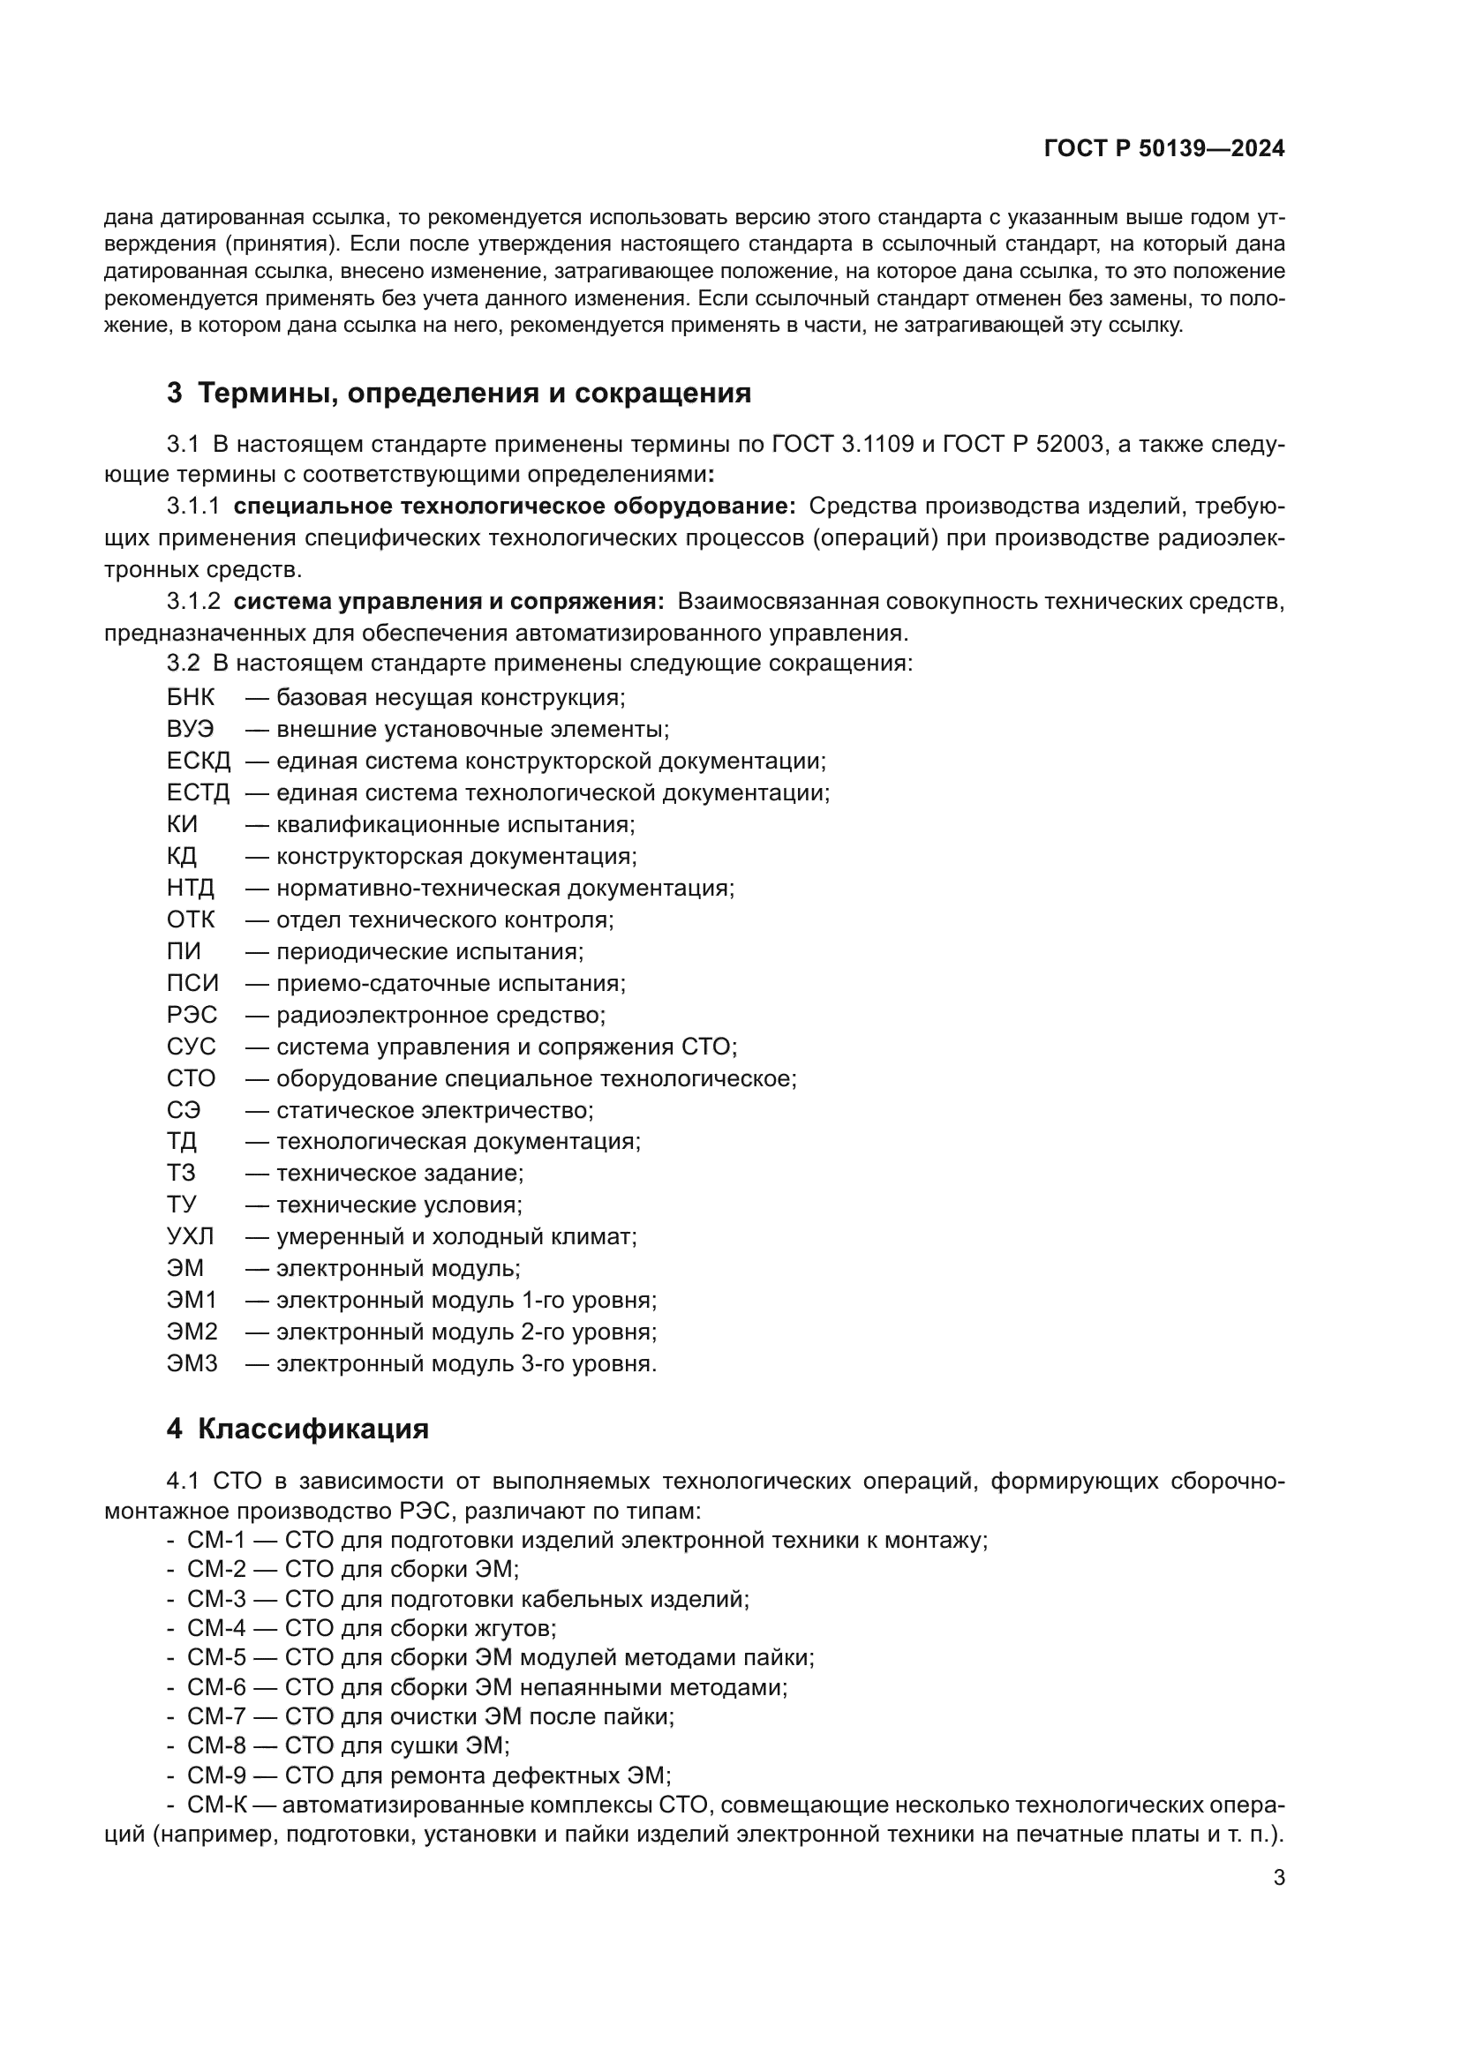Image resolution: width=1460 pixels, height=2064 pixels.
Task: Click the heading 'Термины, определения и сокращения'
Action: (474, 393)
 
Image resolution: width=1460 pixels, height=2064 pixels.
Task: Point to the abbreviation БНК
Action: (190, 698)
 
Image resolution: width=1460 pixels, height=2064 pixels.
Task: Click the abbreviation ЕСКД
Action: (198, 762)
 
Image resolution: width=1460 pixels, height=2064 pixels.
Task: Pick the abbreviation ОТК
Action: (190, 919)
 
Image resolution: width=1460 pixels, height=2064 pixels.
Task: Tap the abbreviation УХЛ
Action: (190, 1236)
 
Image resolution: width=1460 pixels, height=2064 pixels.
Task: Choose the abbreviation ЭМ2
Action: (192, 1332)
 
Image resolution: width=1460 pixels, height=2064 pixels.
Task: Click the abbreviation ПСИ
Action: (192, 982)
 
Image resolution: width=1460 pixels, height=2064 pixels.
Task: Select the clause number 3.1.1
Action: (192, 507)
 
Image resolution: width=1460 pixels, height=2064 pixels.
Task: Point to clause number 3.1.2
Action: (192, 601)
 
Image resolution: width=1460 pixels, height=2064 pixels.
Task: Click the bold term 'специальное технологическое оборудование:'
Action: (515, 507)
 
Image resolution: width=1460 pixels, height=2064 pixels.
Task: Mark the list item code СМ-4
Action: (215, 1628)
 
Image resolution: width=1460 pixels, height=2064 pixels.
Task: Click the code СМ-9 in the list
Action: (215, 1775)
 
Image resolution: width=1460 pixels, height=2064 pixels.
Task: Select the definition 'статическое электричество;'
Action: (434, 1110)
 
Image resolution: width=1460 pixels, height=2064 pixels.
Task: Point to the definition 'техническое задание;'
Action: (399, 1173)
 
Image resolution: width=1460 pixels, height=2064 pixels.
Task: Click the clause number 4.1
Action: (185, 1481)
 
